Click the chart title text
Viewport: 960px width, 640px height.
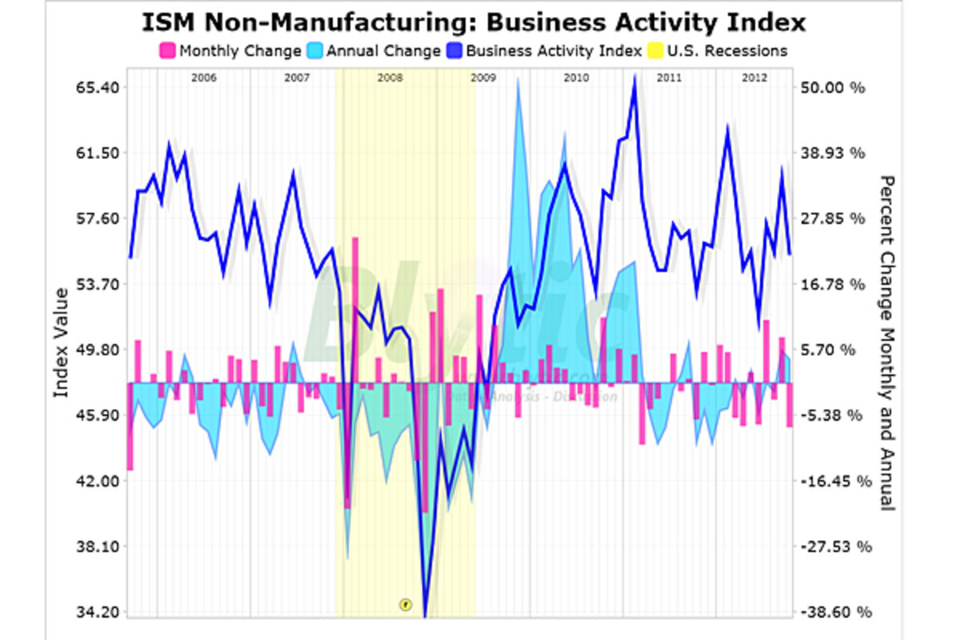click(474, 22)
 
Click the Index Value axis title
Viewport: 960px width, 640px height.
click(61, 344)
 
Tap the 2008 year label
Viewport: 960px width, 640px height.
click(390, 78)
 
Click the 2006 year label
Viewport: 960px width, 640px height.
click(204, 78)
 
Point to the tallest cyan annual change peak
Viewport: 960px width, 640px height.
click(519, 78)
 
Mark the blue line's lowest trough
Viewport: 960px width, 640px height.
click(425, 614)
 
